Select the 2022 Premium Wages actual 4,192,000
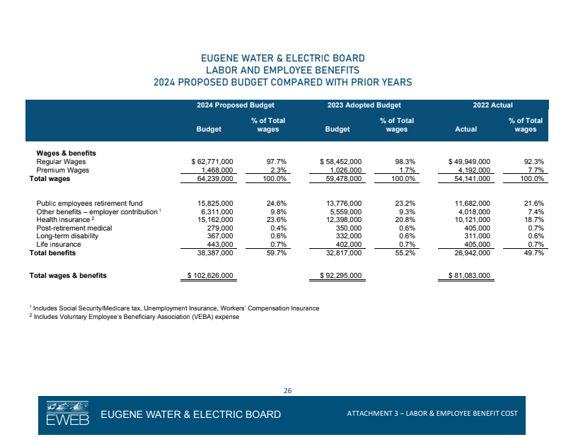tap(473, 170)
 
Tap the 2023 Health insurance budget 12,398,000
tap(345, 220)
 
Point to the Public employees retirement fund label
tap(89, 204)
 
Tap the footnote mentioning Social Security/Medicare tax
tap(174, 308)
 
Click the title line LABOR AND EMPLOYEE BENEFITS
tap(283, 70)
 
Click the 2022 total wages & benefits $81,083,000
tap(470, 275)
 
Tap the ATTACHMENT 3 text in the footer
tap(432, 413)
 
